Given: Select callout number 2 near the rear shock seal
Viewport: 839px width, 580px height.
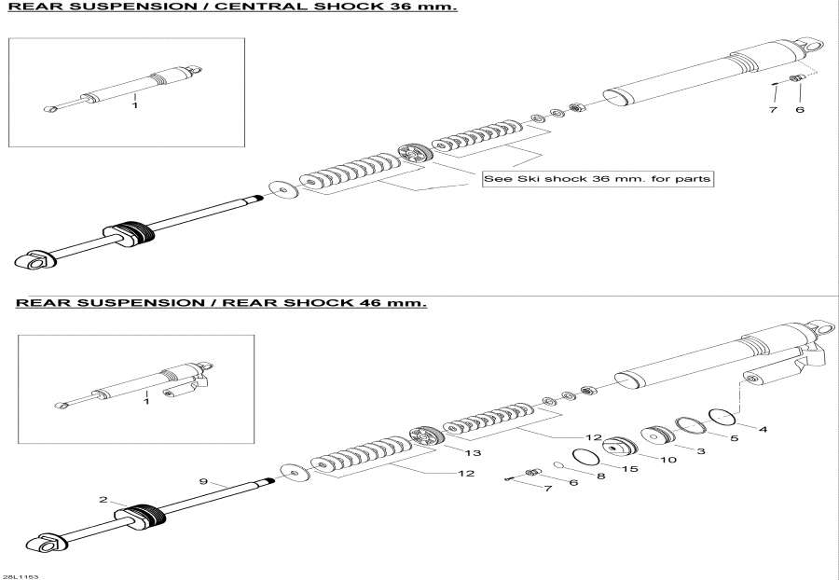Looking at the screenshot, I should (x=103, y=500).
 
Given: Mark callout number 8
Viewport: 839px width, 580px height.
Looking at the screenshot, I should (x=600, y=476).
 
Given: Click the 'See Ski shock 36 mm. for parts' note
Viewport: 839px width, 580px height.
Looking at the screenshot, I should (x=597, y=178).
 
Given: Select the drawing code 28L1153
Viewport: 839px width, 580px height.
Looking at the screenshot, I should (x=20, y=576).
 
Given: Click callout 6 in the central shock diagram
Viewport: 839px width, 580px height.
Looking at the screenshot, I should (x=799, y=110).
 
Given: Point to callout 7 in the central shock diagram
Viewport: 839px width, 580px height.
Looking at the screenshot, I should (x=772, y=110).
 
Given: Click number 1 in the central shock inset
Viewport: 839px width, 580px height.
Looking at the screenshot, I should (x=134, y=106).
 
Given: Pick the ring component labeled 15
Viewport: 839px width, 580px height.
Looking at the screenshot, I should (x=585, y=456).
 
